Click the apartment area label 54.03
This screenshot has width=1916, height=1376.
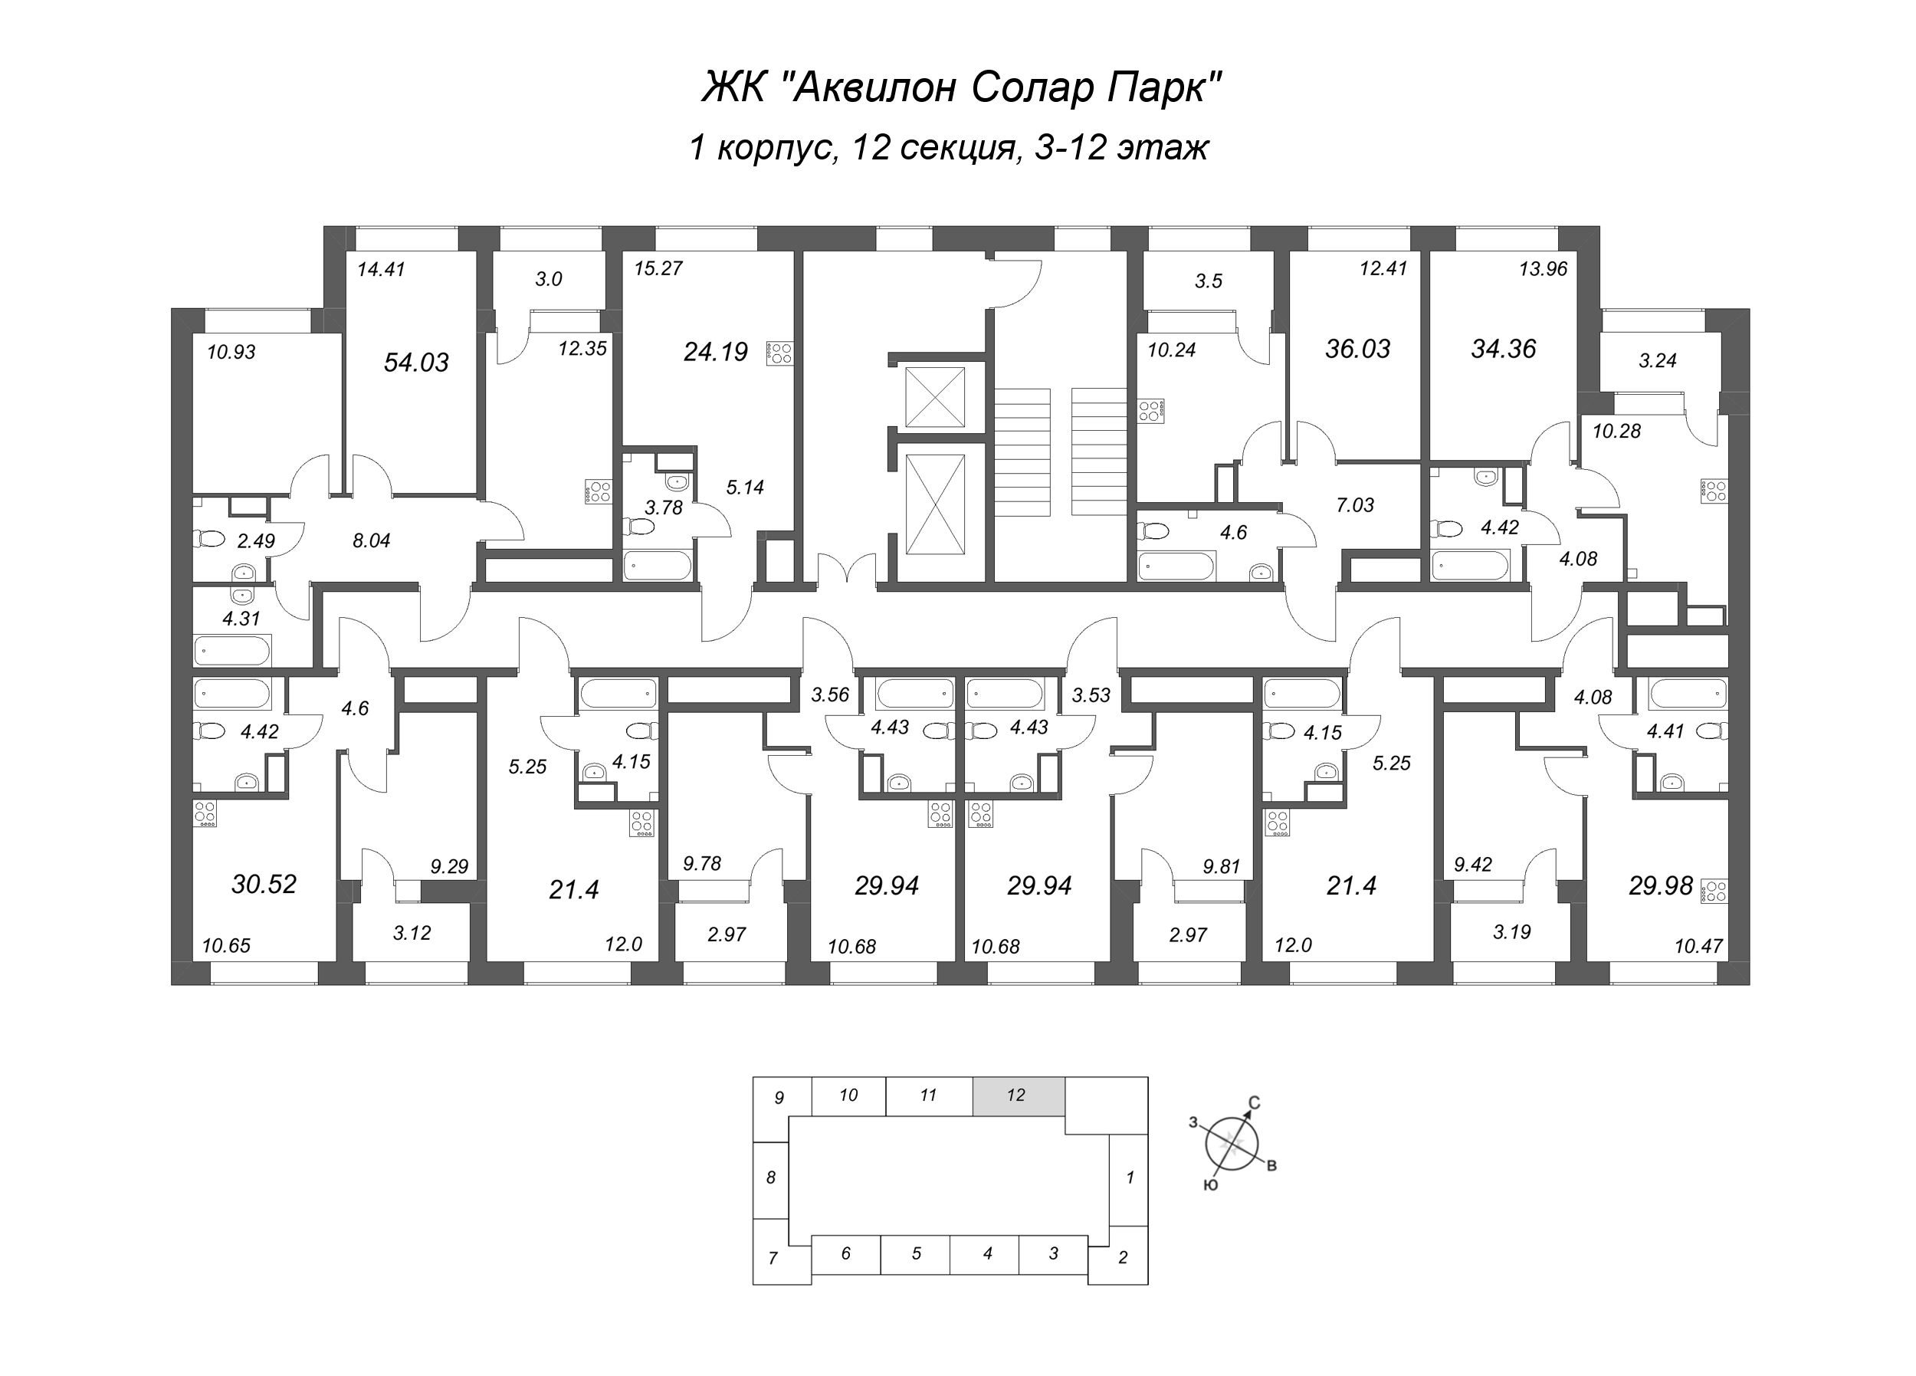(x=415, y=363)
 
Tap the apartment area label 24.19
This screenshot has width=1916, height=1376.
(x=716, y=352)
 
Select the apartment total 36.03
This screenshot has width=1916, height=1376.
(x=1357, y=349)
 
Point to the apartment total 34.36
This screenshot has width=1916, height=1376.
(x=1503, y=349)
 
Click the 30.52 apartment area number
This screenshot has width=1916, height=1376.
(x=264, y=884)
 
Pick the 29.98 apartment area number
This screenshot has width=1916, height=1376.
(x=1660, y=886)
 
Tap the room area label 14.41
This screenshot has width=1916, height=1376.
(x=381, y=270)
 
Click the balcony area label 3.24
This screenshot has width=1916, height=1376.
(x=1658, y=361)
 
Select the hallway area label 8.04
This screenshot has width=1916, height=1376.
(x=371, y=541)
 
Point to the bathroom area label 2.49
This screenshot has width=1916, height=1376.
(x=255, y=542)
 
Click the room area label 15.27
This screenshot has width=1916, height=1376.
(x=658, y=269)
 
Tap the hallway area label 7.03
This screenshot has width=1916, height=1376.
(x=1355, y=505)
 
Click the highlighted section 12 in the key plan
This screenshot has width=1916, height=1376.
(x=1017, y=1096)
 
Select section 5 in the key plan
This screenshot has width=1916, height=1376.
(x=916, y=1254)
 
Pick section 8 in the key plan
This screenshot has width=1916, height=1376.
(x=770, y=1178)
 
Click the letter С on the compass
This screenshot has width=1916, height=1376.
(x=1255, y=1103)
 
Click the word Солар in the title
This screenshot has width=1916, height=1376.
(x=1006, y=87)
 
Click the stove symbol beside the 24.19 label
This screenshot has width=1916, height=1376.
(x=779, y=353)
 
